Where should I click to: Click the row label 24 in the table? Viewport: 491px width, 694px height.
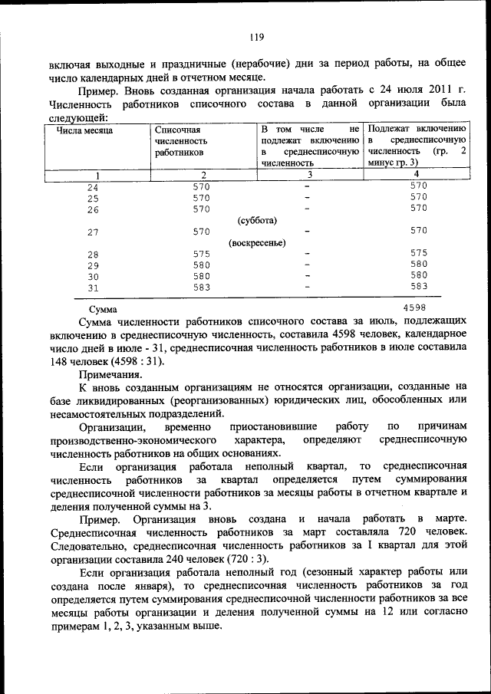93,187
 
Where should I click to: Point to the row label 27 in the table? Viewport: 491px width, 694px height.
93,232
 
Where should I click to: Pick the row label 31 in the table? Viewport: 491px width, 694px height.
93,288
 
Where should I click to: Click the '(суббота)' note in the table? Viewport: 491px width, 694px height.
257,220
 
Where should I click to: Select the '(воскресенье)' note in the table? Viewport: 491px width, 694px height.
257,243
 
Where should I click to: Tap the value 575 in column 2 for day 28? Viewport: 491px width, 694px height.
201,254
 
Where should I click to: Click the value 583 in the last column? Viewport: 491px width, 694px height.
418,286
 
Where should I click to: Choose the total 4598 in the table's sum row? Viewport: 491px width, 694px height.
414,308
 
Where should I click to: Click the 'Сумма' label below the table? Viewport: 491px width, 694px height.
103,310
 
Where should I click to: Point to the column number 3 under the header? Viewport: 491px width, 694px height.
309,174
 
